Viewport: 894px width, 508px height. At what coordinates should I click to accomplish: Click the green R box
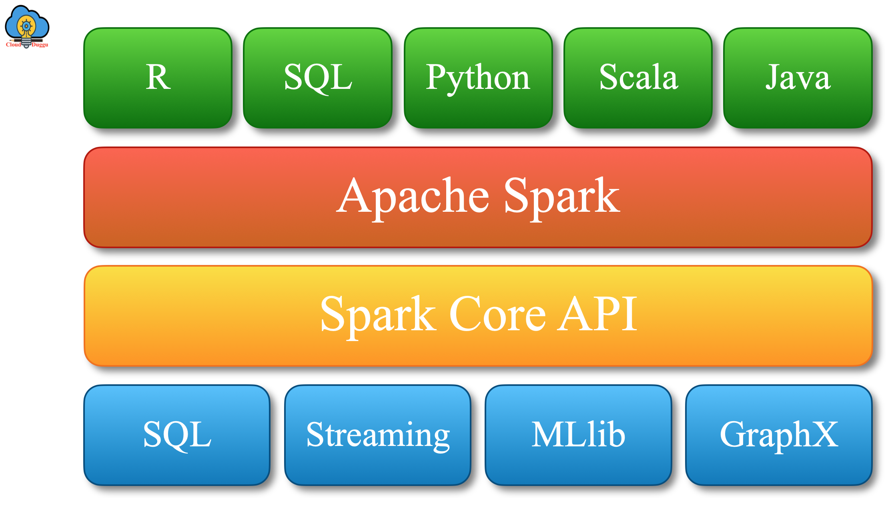(158, 78)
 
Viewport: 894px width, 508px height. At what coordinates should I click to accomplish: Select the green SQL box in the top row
(318, 78)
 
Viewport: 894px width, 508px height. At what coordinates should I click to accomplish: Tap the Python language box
(478, 78)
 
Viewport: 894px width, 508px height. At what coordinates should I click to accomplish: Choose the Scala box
(638, 78)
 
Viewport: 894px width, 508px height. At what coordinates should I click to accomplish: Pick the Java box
(798, 78)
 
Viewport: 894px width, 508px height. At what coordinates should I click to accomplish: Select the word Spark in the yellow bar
(378, 315)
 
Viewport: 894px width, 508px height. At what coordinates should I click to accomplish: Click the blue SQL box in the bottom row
(177, 435)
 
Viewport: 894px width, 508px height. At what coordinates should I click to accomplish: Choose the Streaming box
(378, 435)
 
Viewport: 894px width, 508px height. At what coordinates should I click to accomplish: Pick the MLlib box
(578, 435)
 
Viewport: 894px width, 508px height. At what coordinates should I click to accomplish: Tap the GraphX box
(779, 435)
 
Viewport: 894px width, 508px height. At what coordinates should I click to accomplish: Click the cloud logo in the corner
(27, 24)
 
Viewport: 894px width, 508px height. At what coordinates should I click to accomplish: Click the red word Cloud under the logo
(13, 45)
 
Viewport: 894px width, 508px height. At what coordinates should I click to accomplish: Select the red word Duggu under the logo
(40, 45)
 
